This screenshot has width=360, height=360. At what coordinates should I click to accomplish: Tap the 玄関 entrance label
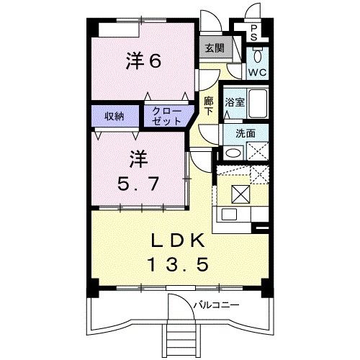click(213, 48)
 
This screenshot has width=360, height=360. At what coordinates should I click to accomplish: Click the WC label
click(257, 72)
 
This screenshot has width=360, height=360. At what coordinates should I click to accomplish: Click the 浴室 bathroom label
click(234, 102)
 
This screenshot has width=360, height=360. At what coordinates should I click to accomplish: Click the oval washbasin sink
click(232, 152)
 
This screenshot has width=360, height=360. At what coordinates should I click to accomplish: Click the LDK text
click(178, 240)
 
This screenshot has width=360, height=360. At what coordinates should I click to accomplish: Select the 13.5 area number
click(178, 266)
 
